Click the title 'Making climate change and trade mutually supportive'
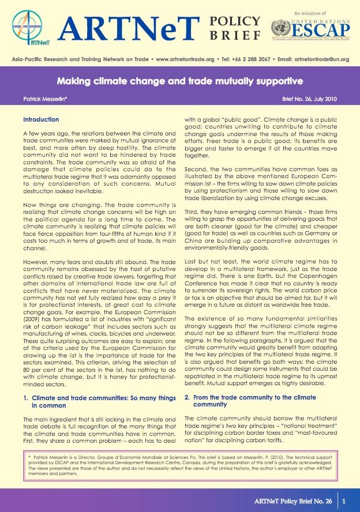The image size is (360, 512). pos(180,80)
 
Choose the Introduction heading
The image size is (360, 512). pos(41,120)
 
